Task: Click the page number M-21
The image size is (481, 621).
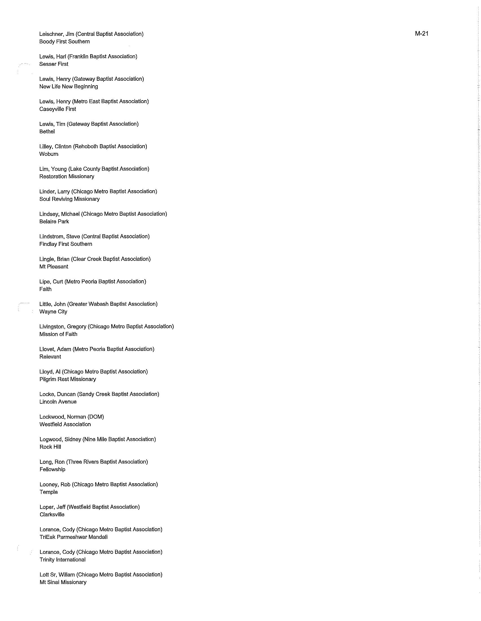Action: [x=421, y=34]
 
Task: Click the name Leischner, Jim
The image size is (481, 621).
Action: [x=56, y=34]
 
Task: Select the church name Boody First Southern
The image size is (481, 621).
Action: [x=65, y=41]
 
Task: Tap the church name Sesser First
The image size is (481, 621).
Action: [x=54, y=64]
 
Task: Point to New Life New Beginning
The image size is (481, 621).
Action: [x=69, y=86]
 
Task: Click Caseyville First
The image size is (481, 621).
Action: [x=58, y=109]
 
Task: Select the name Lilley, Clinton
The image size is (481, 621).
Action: [x=55, y=146]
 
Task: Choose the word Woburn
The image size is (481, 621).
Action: [x=49, y=154]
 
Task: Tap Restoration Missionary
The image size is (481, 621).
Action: [x=67, y=176]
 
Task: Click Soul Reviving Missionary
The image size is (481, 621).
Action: [x=70, y=199]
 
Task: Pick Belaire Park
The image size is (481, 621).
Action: [x=54, y=222]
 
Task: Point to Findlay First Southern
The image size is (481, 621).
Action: [x=66, y=244]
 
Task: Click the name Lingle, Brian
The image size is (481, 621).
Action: [x=54, y=259]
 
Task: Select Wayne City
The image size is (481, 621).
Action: [x=53, y=312]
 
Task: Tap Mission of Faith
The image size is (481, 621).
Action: [x=58, y=334]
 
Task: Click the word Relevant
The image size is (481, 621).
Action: [x=50, y=357]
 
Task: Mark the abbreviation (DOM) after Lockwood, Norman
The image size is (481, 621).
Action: [x=96, y=417]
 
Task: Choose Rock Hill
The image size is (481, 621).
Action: [x=50, y=447]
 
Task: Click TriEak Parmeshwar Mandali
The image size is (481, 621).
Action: [x=74, y=537]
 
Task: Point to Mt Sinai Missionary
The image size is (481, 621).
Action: [x=63, y=582]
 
